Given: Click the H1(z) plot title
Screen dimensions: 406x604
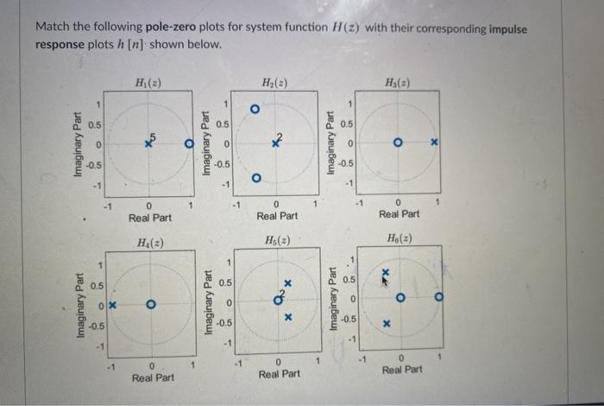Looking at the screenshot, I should (x=149, y=83).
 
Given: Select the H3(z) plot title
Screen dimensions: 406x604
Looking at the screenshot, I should (x=401, y=83).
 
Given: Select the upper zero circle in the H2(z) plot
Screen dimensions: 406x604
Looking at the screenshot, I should (x=255, y=110).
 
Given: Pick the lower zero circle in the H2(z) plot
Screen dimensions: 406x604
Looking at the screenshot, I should (x=255, y=179).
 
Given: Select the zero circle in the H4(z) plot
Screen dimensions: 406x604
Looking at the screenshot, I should (x=151, y=305).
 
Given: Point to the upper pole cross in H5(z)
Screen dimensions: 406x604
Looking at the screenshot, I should (x=289, y=283).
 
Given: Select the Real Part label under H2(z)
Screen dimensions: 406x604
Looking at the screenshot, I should (x=277, y=216).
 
